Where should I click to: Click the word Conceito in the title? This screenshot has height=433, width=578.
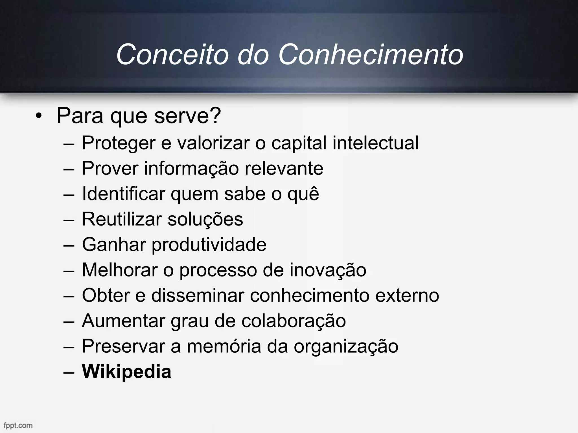point(172,54)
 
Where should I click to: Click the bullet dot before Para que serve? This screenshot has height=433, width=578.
point(39,116)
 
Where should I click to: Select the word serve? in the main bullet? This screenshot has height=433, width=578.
point(187,116)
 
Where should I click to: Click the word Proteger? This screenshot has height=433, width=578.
point(119,143)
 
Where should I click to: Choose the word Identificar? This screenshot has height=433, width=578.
point(123,194)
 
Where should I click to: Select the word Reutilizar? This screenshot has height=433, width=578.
point(122,219)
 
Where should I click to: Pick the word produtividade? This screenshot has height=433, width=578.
point(209,245)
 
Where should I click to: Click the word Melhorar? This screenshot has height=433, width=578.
point(120,270)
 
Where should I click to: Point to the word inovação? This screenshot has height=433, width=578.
point(328,270)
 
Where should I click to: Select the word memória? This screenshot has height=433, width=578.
point(224,346)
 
